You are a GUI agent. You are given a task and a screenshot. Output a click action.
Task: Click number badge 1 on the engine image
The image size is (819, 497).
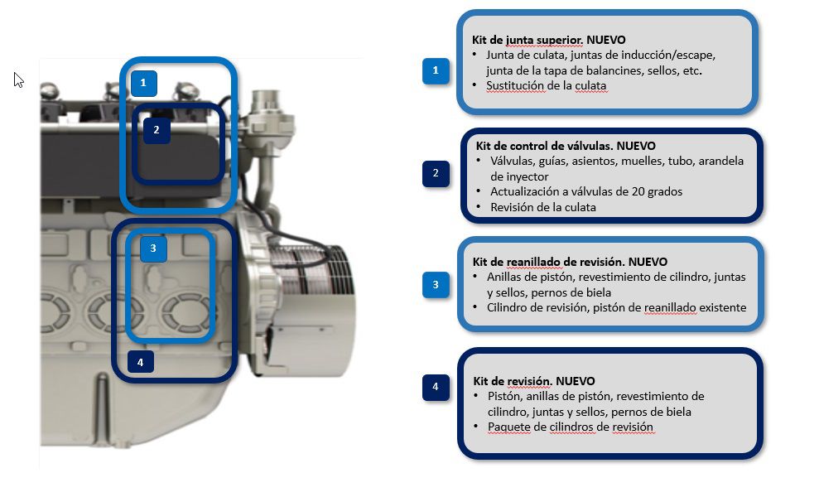click(143, 83)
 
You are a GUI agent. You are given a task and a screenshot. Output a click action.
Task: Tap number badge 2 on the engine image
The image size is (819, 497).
click(157, 130)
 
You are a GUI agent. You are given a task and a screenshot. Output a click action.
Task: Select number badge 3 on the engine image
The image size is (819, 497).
click(154, 248)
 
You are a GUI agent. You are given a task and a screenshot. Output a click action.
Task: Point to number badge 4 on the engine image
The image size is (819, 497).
click(141, 362)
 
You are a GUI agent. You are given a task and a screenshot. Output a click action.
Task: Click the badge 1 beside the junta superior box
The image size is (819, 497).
click(436, 71)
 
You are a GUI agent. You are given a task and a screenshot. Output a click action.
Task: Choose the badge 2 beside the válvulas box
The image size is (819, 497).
click(436, 174)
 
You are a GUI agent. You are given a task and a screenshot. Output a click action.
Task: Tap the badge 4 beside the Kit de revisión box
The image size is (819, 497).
click(436, 387)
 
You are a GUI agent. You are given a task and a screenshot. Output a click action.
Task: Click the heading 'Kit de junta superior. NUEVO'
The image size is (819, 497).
click(548, 40)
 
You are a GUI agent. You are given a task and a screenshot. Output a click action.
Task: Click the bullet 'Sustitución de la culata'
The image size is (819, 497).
click(547, 85)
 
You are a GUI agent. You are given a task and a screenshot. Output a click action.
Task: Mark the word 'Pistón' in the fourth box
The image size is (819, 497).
click(503, 396)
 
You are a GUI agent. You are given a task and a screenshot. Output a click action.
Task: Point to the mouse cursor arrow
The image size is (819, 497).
click(18, 79)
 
